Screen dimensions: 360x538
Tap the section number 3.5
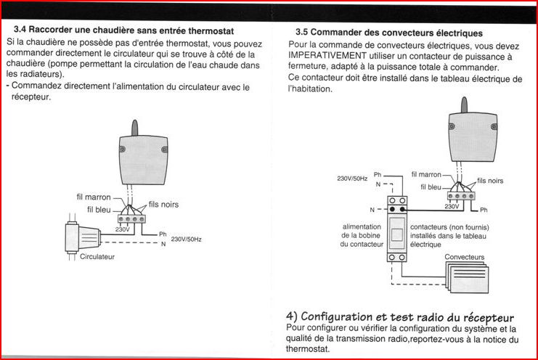(303, 33)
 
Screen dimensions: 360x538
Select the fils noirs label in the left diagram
(163, 205)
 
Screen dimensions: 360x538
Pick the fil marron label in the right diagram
(426, 175)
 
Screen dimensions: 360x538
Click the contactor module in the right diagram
(396, 231)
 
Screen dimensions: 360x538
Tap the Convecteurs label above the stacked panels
(464, 257)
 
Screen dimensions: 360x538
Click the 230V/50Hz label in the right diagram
(351, 178)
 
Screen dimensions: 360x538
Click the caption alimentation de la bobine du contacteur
(362, 235)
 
